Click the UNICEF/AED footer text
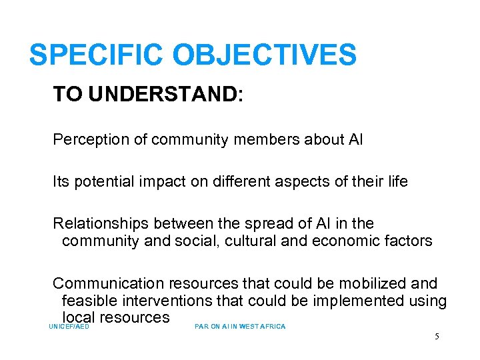(69, 327)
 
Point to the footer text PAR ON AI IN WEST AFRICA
(240, 327)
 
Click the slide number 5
(437, 337)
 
